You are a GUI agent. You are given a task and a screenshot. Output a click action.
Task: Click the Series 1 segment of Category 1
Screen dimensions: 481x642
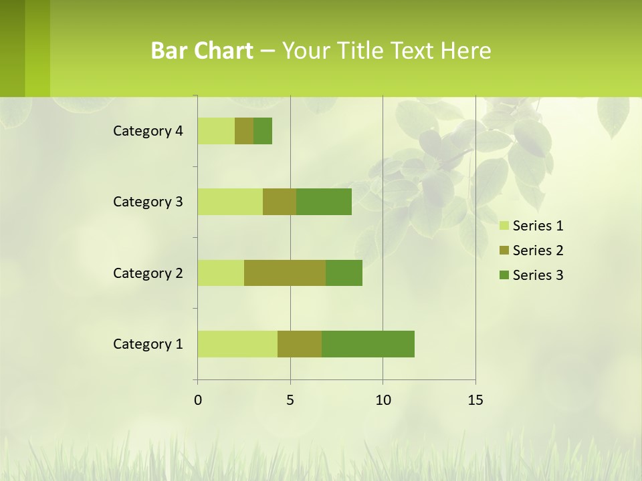[237, 344]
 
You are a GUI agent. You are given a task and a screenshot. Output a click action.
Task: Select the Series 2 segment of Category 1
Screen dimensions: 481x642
[300, 344]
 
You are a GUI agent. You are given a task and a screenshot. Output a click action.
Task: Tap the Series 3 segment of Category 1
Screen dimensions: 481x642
[368, 344]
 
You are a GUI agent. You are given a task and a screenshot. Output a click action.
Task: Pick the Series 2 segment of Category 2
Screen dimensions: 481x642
[285, 273]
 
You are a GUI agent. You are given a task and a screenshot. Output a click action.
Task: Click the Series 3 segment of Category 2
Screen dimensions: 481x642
[344, 273]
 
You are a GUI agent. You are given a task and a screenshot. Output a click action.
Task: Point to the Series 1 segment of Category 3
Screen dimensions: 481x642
[230, 202]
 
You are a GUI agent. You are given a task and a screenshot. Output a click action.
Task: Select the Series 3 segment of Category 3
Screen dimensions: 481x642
[324, 202]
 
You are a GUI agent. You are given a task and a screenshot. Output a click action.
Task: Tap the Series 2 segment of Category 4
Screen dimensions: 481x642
[244, 131]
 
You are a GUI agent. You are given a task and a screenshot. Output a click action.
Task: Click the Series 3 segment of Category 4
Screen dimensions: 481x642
[263, 131]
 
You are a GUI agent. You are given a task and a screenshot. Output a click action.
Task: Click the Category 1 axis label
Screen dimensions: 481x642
[148, 344]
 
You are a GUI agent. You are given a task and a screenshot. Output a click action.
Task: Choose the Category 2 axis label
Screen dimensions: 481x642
[148, 273]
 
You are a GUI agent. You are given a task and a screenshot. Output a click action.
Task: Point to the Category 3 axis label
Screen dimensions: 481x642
[148, 202]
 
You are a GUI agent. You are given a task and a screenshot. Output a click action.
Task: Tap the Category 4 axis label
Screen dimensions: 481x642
[148, 131]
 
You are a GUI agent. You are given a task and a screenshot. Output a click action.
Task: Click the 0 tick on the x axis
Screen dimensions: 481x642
[198, 400]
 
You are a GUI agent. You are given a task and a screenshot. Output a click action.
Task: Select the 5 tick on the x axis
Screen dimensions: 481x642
[290, 400]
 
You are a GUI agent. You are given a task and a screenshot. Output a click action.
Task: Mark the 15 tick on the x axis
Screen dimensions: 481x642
[475, 400]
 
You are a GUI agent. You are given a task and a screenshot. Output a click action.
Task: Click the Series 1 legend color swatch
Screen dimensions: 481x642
[504, 226]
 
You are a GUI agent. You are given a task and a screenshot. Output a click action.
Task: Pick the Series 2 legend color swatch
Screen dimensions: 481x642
[504, 251]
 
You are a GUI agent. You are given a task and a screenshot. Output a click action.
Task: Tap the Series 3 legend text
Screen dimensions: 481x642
[538, 275]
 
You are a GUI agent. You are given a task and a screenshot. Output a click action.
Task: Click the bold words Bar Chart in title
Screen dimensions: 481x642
[202, 51]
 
